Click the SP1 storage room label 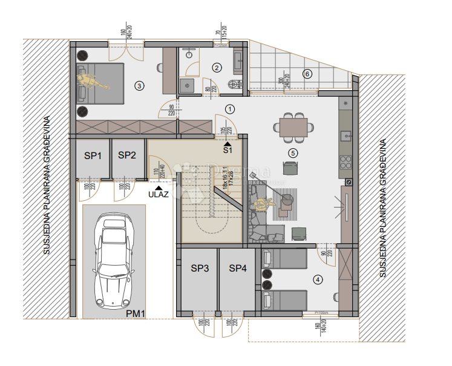pyautogui.click(x=93, y=155)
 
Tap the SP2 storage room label pyautogui.click(x=127, y=155)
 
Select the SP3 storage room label pyautogui.click(x=200, y=268)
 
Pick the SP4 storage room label pyautogui.click(x=238, y=268)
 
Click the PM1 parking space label pyautogui.click(x=136, y=313)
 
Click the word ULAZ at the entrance pyautogui.click(x=158, y=194)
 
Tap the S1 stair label pyautogui.click(x=228, y=150)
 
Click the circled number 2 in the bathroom pyautogui.click(x=217, y=68)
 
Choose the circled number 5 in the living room pyautogui.click(x=293, y=153)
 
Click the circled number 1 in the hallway pyautogui.click(x=229, y=109)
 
